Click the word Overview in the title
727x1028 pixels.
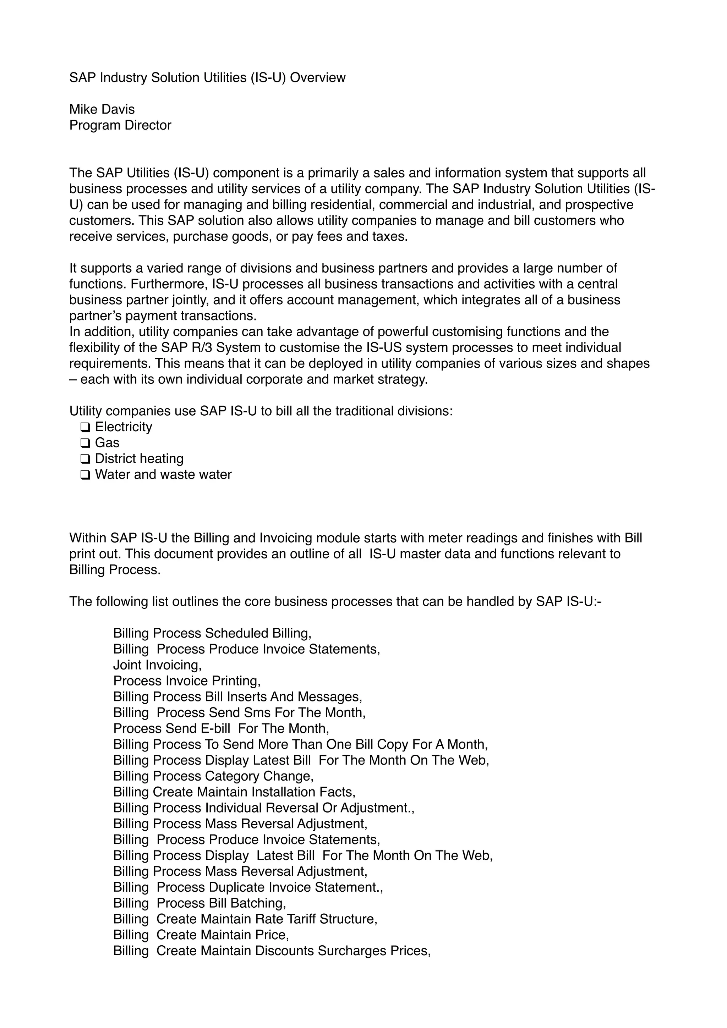(x=317, y=77)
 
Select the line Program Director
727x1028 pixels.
(x=120, y=125)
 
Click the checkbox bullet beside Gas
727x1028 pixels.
(x=85, y=443)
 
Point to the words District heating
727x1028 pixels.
(x=139, y=459)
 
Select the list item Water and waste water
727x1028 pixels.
(x=163, y=475)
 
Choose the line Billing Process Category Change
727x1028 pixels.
(x=213, y=776)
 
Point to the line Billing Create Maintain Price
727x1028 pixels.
(x=201, y=935)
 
